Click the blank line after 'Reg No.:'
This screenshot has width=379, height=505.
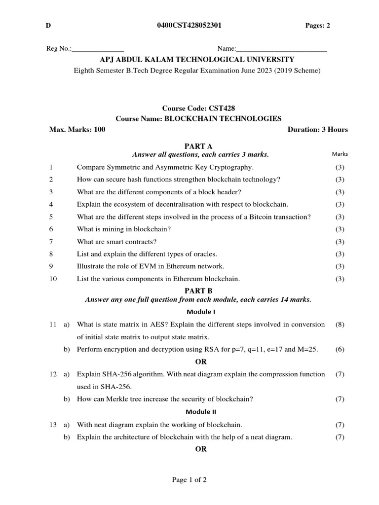pyautogui.click(x=98, y=49)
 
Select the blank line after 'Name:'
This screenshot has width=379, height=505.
pyautogui.click(x=282, y=49)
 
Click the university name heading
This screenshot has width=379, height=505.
pyautogui.click(x=197, y=60)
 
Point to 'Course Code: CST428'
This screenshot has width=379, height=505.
pyautogui.click(x=198, y=108)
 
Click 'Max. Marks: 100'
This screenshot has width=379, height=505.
pyautogui.click(x=77, y=130)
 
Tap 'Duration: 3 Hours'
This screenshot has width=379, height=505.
pyautogui.click(x=317, y=130)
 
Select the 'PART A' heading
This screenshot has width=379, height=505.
pyautogui.click(x=198, y=146)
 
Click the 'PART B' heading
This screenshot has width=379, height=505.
pyautogui.click(x=198, y=291)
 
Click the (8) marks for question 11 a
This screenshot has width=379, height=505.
pyautogui.click(x=340, y=325)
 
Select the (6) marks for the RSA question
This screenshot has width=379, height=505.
pyautogui.click(x=340, y=349)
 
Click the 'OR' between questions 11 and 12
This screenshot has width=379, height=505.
pyautogui.click(x=200, y=361)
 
